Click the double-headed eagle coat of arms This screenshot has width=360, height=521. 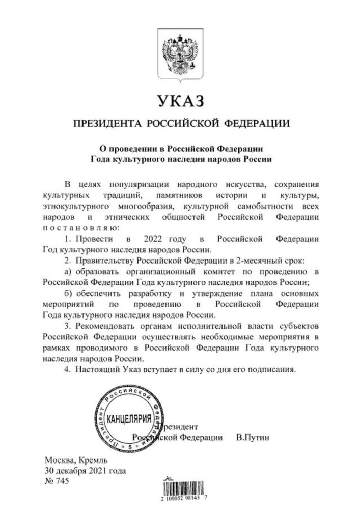[x=180, y=54]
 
